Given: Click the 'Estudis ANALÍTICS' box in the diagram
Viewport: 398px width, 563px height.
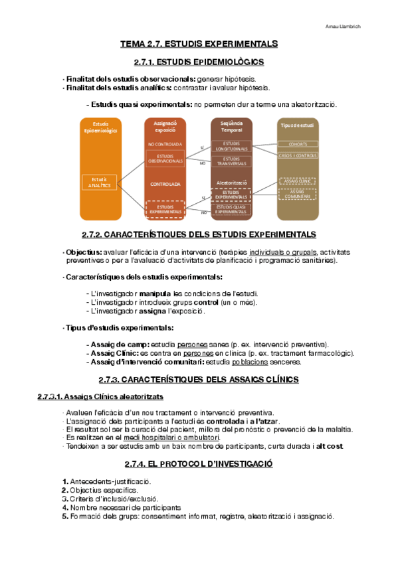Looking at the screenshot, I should coord(99,182).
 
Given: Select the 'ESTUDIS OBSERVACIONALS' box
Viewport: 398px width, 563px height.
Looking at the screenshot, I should coord(165,159).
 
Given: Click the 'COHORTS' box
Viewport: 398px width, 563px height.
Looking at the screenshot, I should coord(297,144).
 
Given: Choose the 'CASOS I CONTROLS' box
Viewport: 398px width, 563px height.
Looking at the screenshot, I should coord(297,155).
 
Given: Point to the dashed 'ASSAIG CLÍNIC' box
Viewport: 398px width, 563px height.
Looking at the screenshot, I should coord(297,181).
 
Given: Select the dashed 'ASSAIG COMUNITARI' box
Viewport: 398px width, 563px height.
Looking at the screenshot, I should coord(297,194).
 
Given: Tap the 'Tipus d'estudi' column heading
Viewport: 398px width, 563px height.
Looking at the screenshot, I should coord(297,125).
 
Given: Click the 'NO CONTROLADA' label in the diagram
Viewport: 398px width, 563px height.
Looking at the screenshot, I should coord(165,143).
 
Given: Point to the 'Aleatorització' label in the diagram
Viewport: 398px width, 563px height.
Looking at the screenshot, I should coord(232,182).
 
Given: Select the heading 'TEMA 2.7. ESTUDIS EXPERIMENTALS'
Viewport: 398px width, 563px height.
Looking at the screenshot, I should coord(198,44).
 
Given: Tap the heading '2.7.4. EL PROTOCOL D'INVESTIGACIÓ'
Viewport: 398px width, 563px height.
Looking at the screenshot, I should coord(199,463).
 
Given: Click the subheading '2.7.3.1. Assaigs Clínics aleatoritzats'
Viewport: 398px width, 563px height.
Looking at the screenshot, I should coord(100,397).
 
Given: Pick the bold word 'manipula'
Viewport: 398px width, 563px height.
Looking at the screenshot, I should coord(155,293).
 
